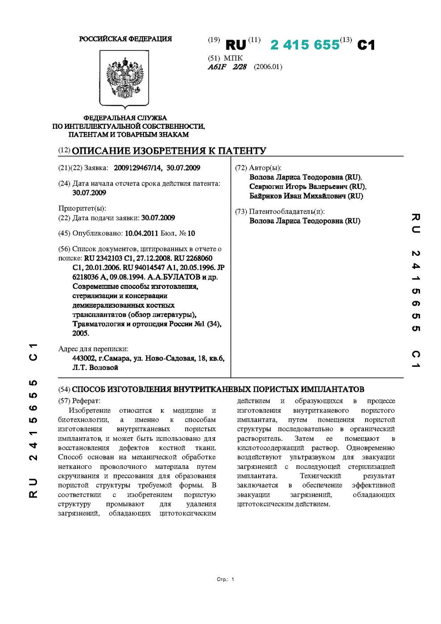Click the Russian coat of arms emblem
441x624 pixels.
[125, 78]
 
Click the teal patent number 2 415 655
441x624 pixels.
[305, 45]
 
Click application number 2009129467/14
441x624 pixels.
[138, 168]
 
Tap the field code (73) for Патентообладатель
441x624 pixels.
[241, 212]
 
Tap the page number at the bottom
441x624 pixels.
[232, 579]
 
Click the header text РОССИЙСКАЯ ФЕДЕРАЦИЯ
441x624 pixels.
[125, 39]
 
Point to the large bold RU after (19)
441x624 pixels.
[235, 45]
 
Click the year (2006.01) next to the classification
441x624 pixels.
[268, 67]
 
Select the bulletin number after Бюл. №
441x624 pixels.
[191, 233]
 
